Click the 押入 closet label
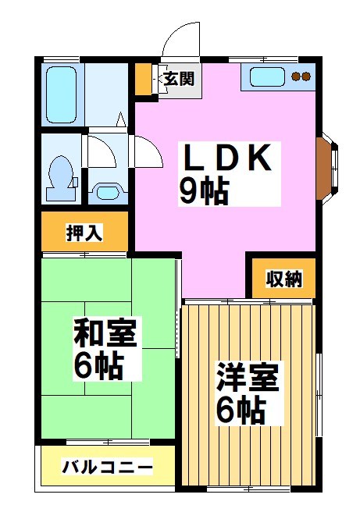pyautogui.click(x=84, y=233)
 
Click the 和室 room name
pyautogui.click(x=105, y=333)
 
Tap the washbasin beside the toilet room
pyautogui.click(x=104, y=190)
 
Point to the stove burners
pyautogui.click(x=301, y=76)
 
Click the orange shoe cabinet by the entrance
pyautogui.click(x=143, y=77)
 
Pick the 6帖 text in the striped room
pyautogui.click(x=240, y=408)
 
